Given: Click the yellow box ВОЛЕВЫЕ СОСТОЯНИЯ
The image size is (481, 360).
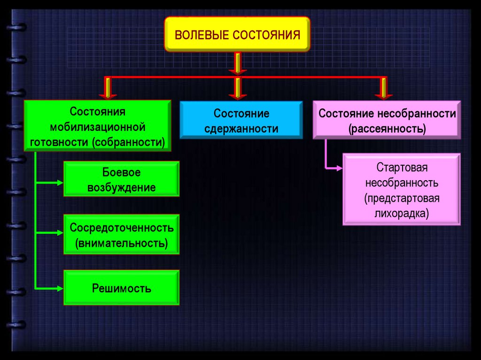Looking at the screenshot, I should coord(237,34).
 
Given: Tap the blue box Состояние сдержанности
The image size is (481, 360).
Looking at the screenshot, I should coord(241,121).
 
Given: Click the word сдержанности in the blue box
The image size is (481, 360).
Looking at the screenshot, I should coord(241,129).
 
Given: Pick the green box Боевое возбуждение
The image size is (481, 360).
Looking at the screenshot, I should coord(121,179).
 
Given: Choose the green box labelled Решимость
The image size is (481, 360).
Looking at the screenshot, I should coord(121,287).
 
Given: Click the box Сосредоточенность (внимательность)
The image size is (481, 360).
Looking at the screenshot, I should coord(121,235).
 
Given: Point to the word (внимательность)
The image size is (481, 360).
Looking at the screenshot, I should coord(121,243).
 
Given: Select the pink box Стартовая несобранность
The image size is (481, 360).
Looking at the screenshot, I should coord(401,189).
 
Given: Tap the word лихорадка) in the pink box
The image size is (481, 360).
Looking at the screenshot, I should coord(401,213).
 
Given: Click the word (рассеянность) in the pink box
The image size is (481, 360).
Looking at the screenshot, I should coord(387,128).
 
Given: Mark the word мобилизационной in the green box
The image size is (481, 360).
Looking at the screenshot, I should coord(98,127).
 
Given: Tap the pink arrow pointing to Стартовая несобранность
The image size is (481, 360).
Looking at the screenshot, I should coord(334,167).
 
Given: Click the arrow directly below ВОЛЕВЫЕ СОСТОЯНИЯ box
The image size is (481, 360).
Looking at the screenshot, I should coord(238,63).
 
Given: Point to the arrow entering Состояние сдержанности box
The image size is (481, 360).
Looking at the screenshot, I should coord(238,89).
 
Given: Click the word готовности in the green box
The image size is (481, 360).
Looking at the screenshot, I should coord(60,142).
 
